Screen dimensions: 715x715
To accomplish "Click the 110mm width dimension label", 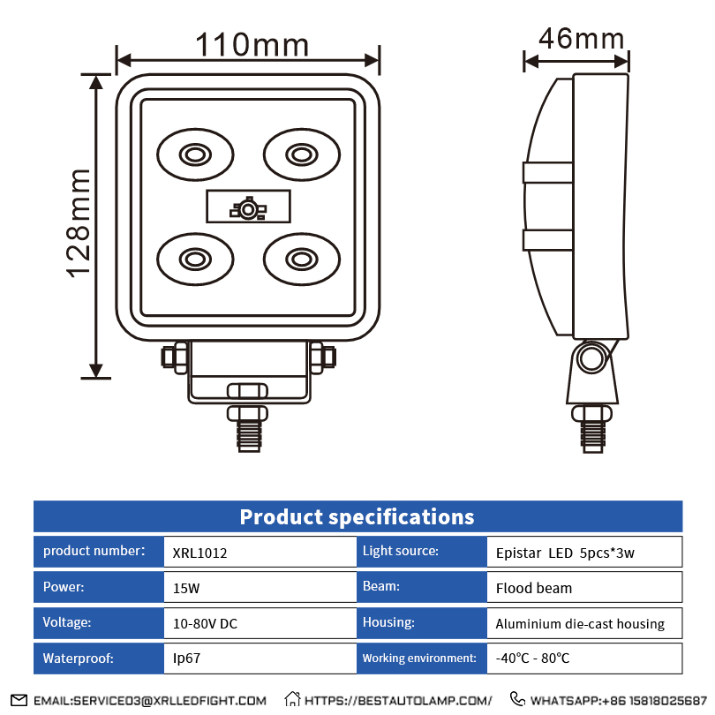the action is point(252,45).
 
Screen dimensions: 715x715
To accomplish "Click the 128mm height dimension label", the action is point(78,223).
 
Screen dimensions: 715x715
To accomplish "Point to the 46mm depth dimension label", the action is point(582,38).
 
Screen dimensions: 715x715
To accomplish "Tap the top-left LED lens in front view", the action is point(195,154).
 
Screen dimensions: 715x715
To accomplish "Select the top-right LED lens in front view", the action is point(301,154).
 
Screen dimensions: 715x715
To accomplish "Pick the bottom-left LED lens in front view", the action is point(195,259).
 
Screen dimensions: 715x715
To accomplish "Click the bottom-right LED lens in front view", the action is point(301,259).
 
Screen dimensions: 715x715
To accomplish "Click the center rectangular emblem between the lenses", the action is point(248,206).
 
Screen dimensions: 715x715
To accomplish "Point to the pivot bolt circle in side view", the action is point(591,358).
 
